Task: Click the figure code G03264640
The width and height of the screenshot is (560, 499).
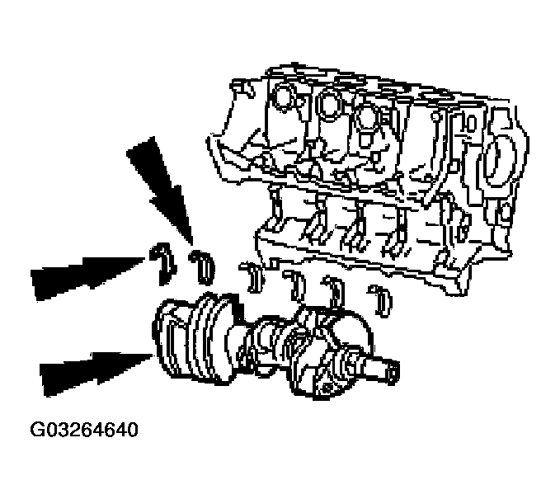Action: point(83,431)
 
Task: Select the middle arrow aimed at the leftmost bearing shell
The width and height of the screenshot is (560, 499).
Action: point(82,272)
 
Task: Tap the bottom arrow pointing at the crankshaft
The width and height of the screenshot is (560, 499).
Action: point(91,369)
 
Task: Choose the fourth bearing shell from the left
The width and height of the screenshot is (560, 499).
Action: point(294,282)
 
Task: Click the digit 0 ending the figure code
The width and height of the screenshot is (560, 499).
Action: point(132,431)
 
